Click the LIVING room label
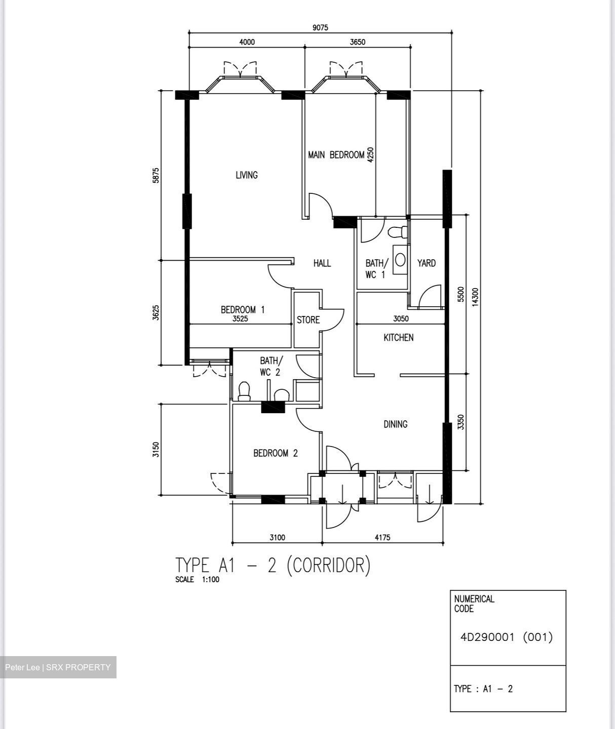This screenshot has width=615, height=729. [x=247, y=175]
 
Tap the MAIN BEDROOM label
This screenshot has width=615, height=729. [x=336, y=155]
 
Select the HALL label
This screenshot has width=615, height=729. [x=322, y=263]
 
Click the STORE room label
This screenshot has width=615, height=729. [x=308, y=320]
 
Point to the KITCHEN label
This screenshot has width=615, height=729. [x=398, y=338]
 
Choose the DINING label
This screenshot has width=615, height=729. [x=395, y=424]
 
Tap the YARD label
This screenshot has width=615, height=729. [x=426, y=263]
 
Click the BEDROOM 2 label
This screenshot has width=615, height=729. [x=275, y=453]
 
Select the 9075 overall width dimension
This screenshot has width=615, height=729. [x=320, y=28]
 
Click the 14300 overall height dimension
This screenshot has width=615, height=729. [x=475, y=297]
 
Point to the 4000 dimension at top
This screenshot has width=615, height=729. [x=247, y=42]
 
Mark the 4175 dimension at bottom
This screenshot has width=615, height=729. [x=382, y=538]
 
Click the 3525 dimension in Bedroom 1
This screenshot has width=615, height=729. [x=240, y=319]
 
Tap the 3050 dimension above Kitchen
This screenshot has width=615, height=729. [x=401, y=319]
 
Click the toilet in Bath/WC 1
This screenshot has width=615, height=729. [x=397, y=232]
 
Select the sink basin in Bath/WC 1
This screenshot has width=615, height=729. [x=400, y=260]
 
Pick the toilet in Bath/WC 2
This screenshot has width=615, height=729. [x=244, y=391]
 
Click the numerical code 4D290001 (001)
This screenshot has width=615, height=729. [x=507, y=637]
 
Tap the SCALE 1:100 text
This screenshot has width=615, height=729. [x=197, y=580]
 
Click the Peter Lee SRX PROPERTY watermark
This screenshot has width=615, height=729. [x=58, y=667]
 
